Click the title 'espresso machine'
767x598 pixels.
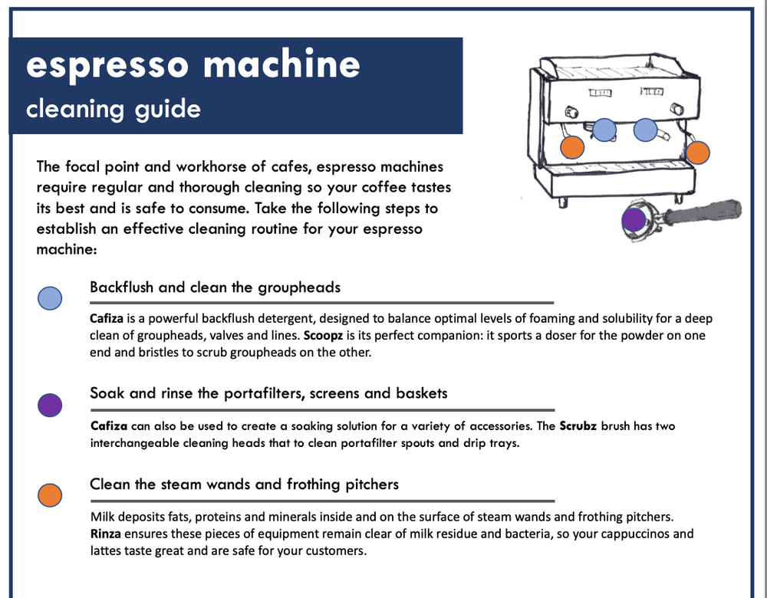click(x=193, y=65)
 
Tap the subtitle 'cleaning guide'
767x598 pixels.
click(x=113, y=109)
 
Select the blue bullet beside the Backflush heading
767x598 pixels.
click(x=50, y=298)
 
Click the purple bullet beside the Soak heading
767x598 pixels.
click(x=50, y=404)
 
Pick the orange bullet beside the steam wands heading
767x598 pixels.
click(x=50, y=495)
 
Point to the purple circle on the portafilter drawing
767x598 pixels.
click(x=634, y=220)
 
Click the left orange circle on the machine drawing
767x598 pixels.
click(x=572, y=146)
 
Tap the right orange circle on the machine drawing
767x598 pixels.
click(x=697, y=152)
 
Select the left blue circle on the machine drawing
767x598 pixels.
click(x=605, y=130)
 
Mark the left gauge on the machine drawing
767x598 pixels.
click(x=601, y=92)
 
